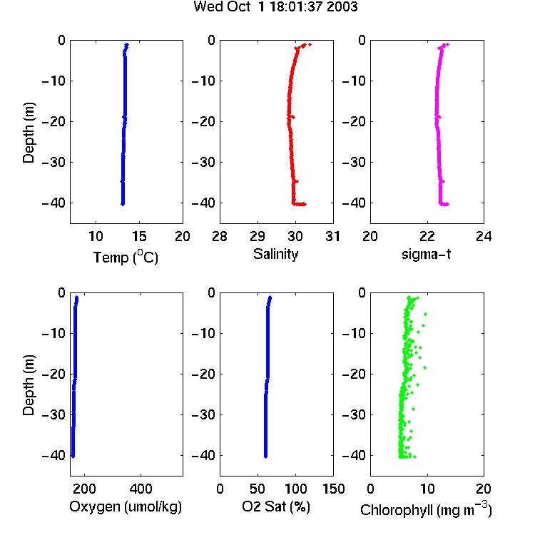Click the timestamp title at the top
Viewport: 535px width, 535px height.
[x=275, y=6]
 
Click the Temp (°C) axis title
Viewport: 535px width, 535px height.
[x=126, y=257]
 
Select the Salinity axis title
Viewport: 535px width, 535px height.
[x=275, y=254]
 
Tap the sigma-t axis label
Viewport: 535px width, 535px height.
[x=426, y=254]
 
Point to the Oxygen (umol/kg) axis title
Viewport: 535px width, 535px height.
[x=126, y=506]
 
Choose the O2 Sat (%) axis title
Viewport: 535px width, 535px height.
[x=276, y=506]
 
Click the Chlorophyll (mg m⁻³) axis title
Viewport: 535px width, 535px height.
[x=426, y=509]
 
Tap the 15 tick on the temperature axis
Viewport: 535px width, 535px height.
[x=139, y=236]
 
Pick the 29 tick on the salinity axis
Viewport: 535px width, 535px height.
[x=258, y=236]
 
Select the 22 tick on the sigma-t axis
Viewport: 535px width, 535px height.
[x=427, y=236]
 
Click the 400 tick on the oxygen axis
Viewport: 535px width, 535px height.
[x=141, y=489]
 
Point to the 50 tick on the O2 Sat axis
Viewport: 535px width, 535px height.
[x=258, y=489]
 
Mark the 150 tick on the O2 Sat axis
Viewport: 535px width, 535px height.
[x=333, y=489]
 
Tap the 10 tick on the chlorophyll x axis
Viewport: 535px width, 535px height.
[x=427, y=489]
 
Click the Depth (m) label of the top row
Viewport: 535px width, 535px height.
[x=29, y=133]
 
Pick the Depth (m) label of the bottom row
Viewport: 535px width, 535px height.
[x=29, y=385]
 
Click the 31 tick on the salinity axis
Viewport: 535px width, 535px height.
[x=332, y=236]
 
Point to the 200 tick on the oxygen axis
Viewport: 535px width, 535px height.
[x=84, y=489]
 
